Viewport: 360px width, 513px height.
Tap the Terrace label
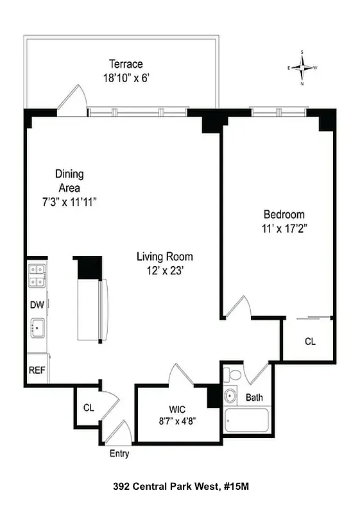(125, 64)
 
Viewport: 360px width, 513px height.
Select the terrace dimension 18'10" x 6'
(125, 78)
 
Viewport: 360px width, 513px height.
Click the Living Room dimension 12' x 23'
(164, 271)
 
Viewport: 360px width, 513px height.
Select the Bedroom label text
(284, 214)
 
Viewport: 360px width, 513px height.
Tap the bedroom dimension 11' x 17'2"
(284, 229)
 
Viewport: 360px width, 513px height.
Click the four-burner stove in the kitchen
(36, 276)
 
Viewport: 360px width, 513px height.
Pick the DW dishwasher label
(37, 305)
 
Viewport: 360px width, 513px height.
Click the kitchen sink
(37, 328)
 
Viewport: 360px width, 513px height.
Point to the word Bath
(254, 398)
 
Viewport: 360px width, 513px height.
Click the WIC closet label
(177, 408)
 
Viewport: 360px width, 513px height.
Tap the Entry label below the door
(119, 454)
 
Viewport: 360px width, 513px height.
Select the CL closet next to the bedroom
(310, 342)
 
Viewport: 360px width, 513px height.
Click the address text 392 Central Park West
(166, 487)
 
